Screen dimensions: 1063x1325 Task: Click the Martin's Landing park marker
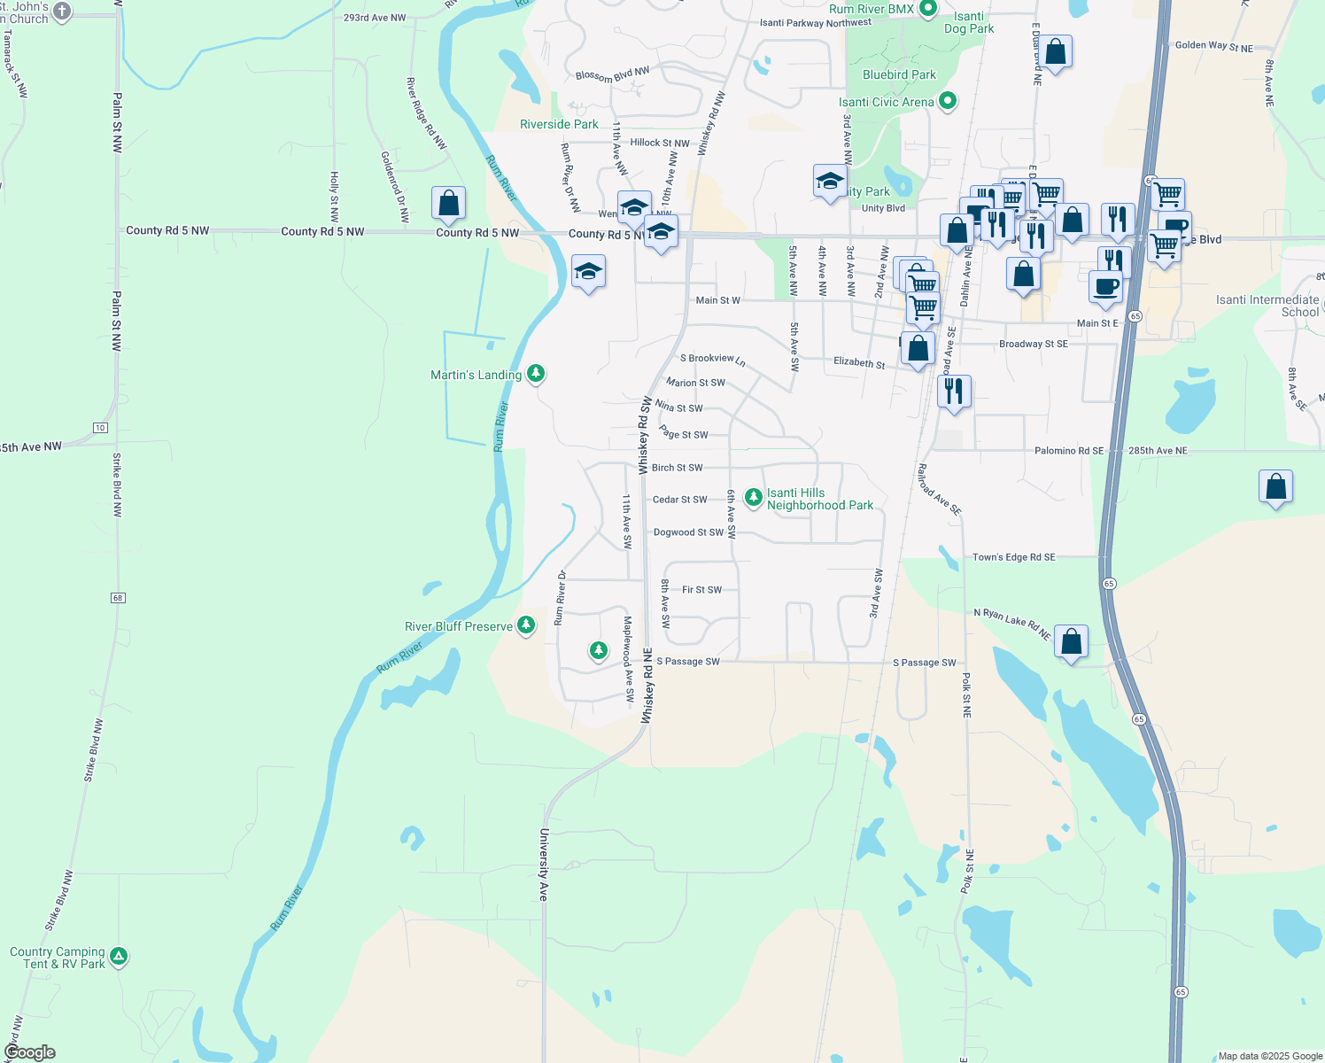pyautogui.click(x=535, y=374)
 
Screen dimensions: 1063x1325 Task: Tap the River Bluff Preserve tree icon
pyautogui.click(x=526, y=625)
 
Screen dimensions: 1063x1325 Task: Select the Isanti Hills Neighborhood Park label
pyautogui.click(x=819, y=500)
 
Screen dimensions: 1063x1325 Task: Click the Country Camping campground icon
pyautogui.click(x=119, y=957)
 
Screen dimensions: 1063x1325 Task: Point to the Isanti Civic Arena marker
pyautogui.click(x=948, y=101)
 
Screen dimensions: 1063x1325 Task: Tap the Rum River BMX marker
pyautogui.click(x=928, y=10)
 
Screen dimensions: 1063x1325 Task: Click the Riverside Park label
pyautogui.click(x=559, y=125)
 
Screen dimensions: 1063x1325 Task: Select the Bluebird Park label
pyautogui.click(x=899, y=75)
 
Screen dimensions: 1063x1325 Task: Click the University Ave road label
pyautogui.click(x=544, y=865)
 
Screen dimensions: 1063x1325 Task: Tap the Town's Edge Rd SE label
pyautogui.click(x=1013, y=557)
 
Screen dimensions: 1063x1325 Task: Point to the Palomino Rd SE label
pyautogui.click(x=1069, y=451)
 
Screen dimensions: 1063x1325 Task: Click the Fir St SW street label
pyautogui.click(x=701, y=590)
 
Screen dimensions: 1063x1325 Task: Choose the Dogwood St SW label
pyautogui.click(x=688, y=532)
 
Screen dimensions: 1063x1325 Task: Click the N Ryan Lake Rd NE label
pyautogui.click(x=1011, y=623)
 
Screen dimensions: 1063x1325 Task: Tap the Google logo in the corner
pyautogui.click(x=30, y=1052)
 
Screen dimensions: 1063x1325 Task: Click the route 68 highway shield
pyautogui.click(x=118, y=598)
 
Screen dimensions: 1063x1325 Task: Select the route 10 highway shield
pyautogui.click(x=100, y=428)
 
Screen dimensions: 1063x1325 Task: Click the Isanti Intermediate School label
pyautogui.click(x=1267, y=306)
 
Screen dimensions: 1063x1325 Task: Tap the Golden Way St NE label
pyautogui.click(x=1213, y=47)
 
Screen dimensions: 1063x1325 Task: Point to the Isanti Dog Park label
pyautogui.click(x=968, y=23)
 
